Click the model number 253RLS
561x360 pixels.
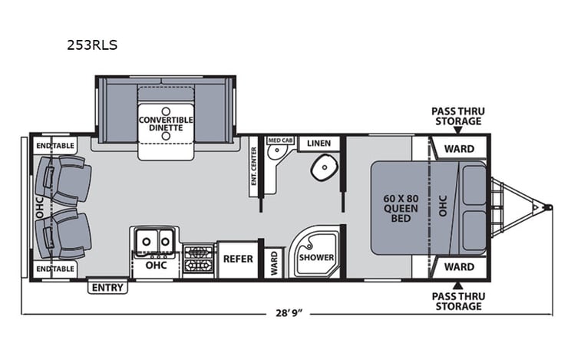(x=91, y=45)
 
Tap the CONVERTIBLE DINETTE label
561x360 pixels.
(x=165, y=126)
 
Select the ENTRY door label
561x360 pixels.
(x=108, y=288)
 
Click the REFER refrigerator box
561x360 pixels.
(x=238, y=259)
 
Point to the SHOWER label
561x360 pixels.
(x=315, y=258)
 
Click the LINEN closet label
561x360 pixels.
(x=318, y=144)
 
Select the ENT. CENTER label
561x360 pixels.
(x=253, y=167)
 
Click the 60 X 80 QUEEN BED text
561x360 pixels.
(x=401, y=208)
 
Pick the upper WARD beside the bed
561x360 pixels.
(x=459, y=148)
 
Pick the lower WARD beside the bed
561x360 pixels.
(x=459, y=268)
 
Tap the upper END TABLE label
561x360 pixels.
(x=54, y=144)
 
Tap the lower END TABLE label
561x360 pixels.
(x=54, y=269)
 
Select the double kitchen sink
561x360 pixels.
(x=154, y=242)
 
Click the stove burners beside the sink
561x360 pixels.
(x=199, y=259)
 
